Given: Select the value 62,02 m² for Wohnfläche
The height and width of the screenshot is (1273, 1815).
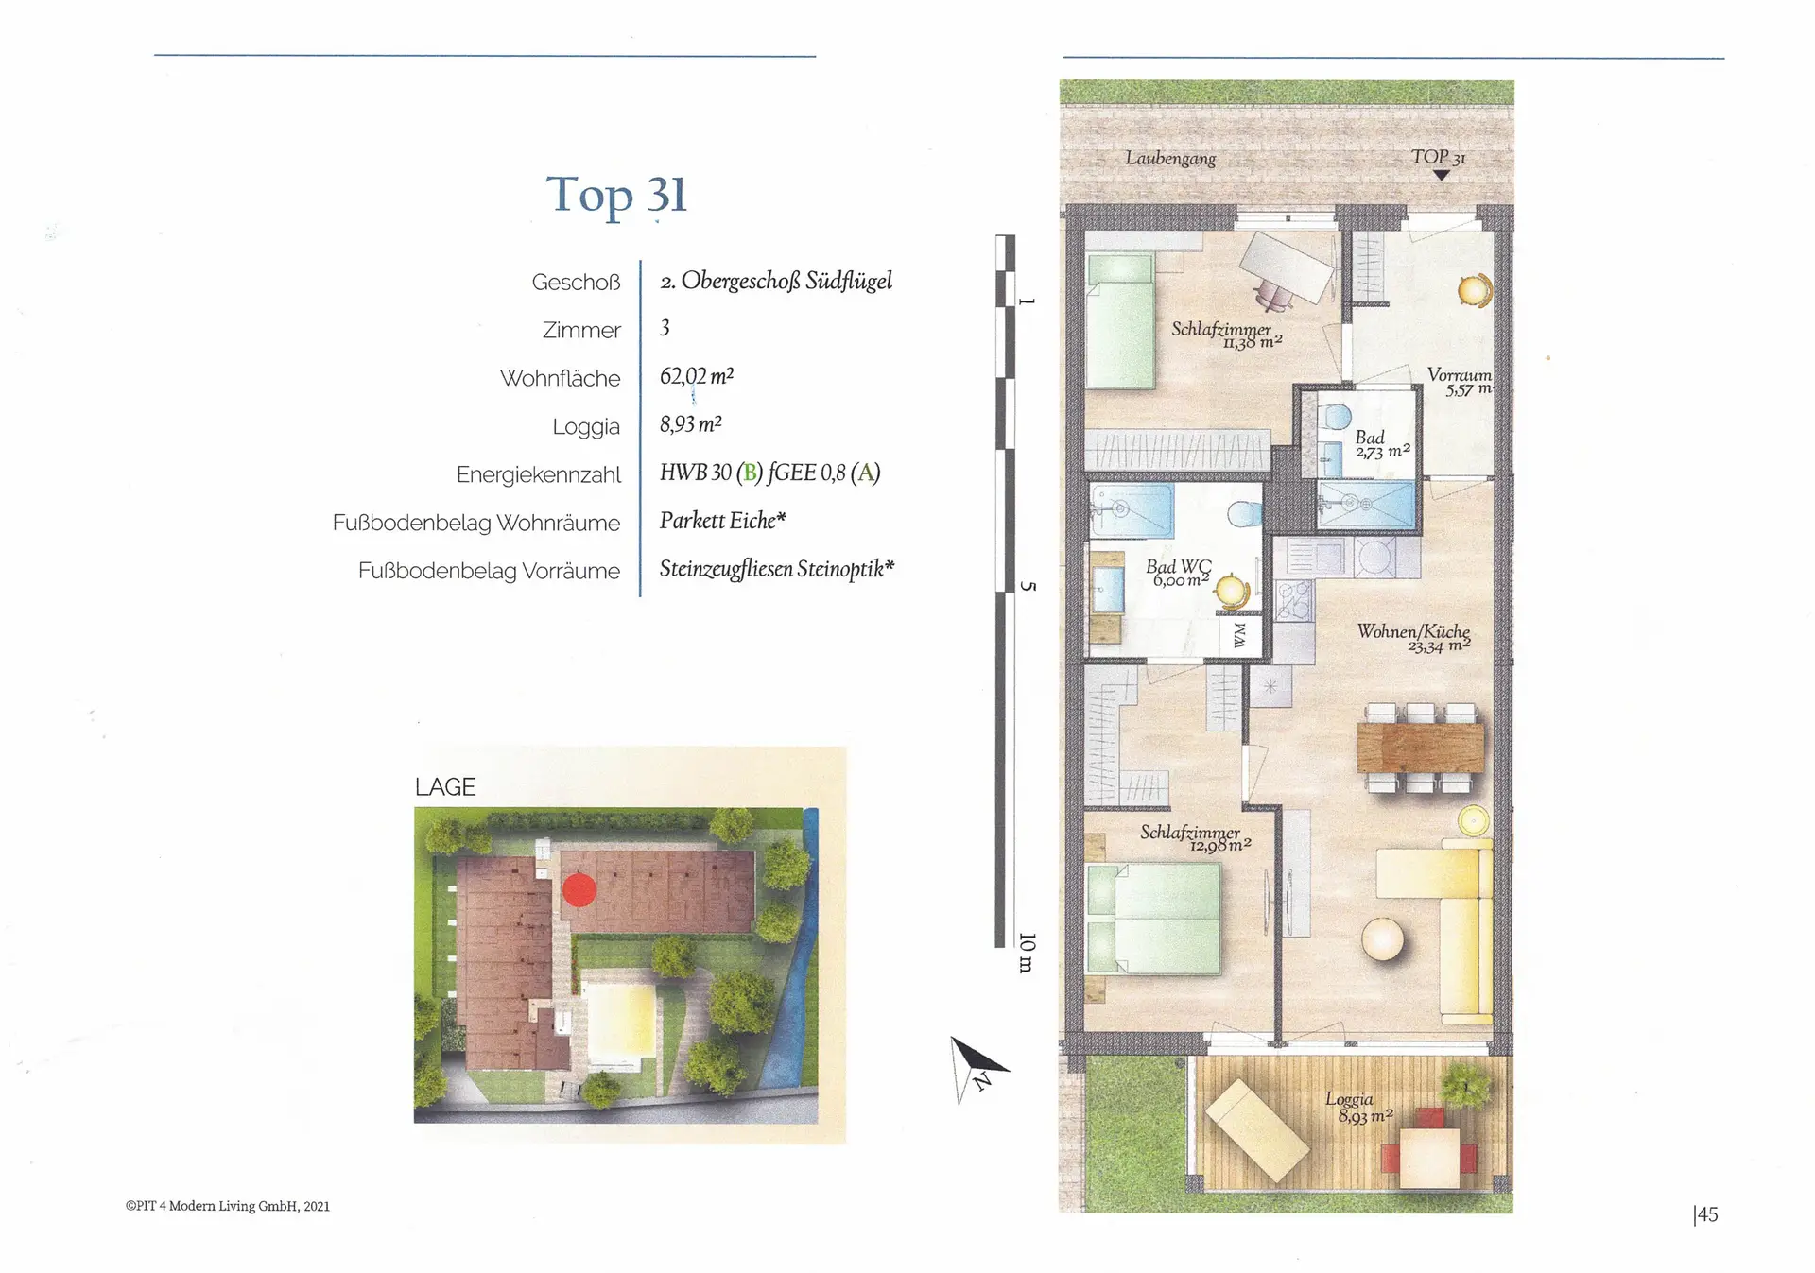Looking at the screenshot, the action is click(x=697, y=376).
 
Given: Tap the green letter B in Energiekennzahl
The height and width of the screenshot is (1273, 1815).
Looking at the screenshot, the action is click(x=750, y=473).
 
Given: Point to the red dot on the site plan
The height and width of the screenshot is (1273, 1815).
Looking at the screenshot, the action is click(x=579, y=889).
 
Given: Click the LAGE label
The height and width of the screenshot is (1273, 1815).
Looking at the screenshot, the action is click(x=445, y=787).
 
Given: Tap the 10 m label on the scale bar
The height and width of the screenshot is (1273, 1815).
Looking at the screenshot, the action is click(x=1027, y=953).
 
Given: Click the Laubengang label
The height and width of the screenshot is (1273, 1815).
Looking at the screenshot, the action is click(x=1170, y=158).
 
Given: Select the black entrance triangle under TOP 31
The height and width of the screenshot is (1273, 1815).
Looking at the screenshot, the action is click(x=1441, y=175).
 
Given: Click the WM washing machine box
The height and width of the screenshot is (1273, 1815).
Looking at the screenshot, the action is click(x=1239, y=636).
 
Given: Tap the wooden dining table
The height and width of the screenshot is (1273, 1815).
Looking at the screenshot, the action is click(x=1420, y=747).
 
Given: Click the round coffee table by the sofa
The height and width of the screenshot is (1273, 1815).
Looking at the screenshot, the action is click(x=1383, y=939).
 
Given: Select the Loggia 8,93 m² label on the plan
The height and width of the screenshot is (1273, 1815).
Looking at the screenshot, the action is click(x=1358, y=1108).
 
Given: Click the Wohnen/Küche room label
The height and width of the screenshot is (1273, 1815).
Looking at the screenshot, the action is click(x=1414, y=638).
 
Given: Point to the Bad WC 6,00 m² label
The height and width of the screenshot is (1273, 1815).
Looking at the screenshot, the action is click(x=1179, y=573).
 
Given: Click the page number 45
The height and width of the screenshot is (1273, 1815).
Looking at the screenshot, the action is click(x=1706, y=1214).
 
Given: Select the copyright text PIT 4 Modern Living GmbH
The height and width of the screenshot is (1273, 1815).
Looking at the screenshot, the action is click(x=228, y=1206).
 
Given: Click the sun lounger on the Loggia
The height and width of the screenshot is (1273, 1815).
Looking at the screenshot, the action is click(x=1258, y=1131).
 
